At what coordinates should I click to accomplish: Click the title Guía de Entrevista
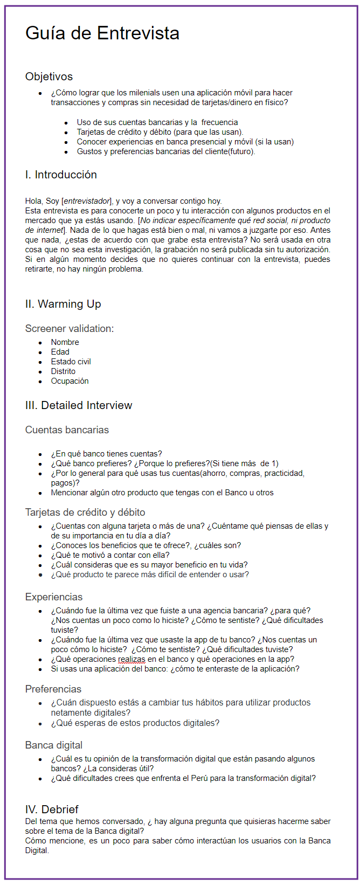tap(102, 33)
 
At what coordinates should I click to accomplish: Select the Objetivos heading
tap(49, 77)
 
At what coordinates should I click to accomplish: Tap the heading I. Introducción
tap(61, 175)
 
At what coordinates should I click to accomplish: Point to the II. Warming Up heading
tap(63, 304)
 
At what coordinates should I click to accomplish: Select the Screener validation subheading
tap(70, 328)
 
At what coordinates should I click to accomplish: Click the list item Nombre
tap(65, 342)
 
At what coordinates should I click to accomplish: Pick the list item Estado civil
tap(71, 362)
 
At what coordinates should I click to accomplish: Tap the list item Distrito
tap(63, 371)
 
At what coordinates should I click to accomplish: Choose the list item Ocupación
tap(70, 381)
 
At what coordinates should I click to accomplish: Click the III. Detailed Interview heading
tap(78, 405)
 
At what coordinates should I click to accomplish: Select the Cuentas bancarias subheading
tap(67, 430)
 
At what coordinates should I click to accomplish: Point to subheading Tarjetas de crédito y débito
tap(85, 512)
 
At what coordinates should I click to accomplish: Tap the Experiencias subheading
tap(54, 597)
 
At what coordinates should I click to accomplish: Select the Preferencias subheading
tap(53, 689)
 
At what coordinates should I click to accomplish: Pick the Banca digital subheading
tap(54, 745)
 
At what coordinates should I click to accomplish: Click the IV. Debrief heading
tap(52, 809)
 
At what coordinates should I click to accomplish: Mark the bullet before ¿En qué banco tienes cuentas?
tap(40, 454)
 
